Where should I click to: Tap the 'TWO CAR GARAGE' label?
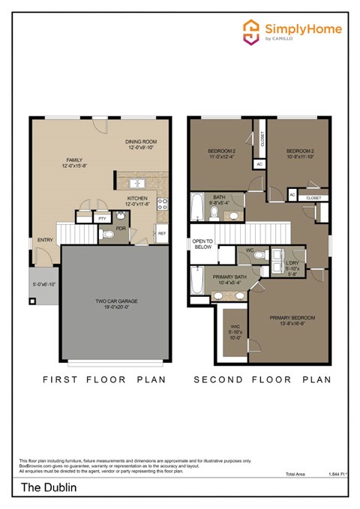(x=115, y=301)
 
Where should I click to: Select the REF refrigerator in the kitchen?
(x=162, y=233)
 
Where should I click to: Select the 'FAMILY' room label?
(x=73, y=160)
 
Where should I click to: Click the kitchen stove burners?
(x=163, y=203)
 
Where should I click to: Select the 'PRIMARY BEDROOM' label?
(x=292, y=318)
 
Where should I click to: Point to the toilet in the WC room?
(x=259, y=255)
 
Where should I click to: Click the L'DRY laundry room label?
(x=293, y=264)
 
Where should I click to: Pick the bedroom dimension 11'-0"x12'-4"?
(x=223, y=156)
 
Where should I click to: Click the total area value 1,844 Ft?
(x=338, y=475)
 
